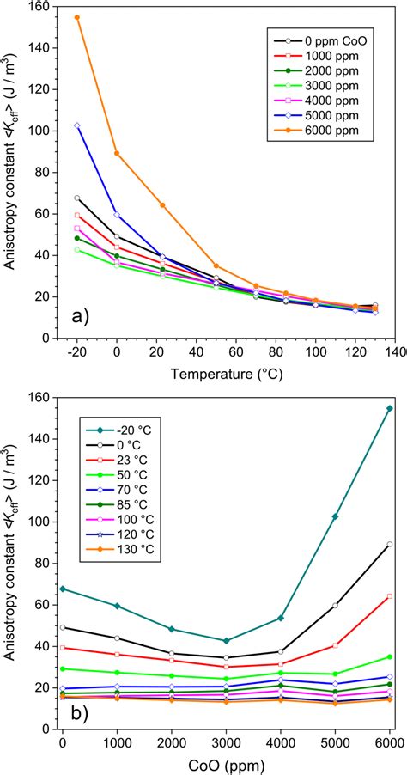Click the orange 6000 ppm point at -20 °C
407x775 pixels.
tap(77, 17)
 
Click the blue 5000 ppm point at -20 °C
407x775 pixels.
tap(77, 125)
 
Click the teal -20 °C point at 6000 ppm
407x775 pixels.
tap(390, 408)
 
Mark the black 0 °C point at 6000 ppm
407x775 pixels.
tap(390, 544)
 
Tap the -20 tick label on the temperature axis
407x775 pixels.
tap(77, 352)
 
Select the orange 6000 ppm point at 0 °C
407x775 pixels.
tap(117, 153)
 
